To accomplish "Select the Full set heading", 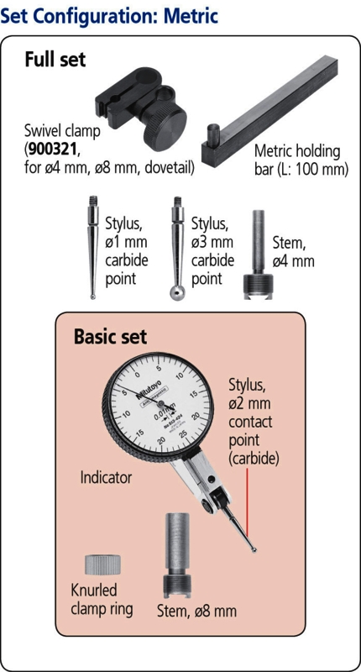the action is point(55,59).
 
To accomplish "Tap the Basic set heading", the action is point(110,337).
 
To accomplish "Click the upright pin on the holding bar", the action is point(213,134).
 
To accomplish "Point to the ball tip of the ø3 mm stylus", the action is point(176,293).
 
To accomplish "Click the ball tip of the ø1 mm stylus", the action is point(93,297).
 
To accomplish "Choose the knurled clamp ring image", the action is point(102,564).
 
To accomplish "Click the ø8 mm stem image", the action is point(176,556).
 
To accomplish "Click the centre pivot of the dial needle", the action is point(160,404).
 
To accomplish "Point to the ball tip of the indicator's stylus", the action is point(254,550).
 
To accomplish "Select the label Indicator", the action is point(106,477).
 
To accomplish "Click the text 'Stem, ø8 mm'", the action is point(196,611).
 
